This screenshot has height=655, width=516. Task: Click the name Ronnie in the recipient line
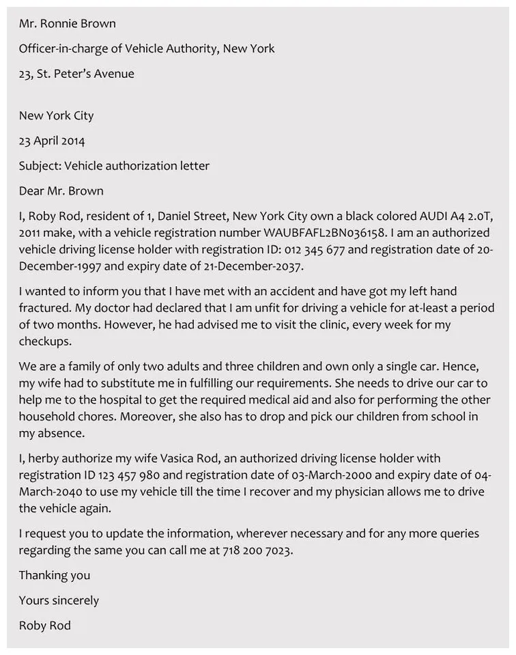tap(61, 24)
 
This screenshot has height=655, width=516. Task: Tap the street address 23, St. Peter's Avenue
tap(76, 74)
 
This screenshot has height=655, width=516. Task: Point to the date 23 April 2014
tap(52, 141)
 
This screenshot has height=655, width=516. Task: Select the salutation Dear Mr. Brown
tap(61, 191)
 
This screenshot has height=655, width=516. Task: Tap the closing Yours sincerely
tap(59, 601)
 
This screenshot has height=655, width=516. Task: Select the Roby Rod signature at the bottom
tap(44, 626)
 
